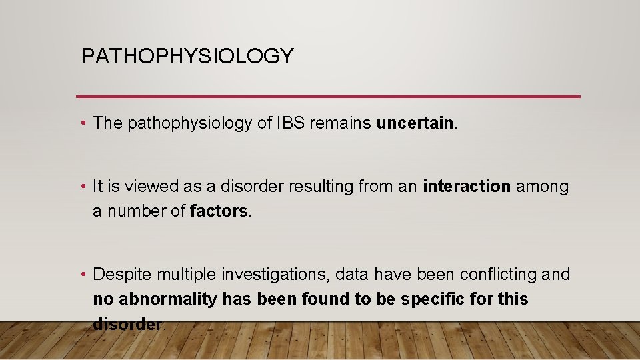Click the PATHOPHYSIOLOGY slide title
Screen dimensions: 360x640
(x=187, y=56)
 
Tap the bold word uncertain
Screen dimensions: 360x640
(x=415, y=123)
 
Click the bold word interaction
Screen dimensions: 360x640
(x=467, y=187)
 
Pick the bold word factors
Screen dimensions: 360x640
(x=219, y=211)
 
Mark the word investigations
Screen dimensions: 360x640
(x=272, y=275)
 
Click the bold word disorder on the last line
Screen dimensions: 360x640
(x=127, y=324)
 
